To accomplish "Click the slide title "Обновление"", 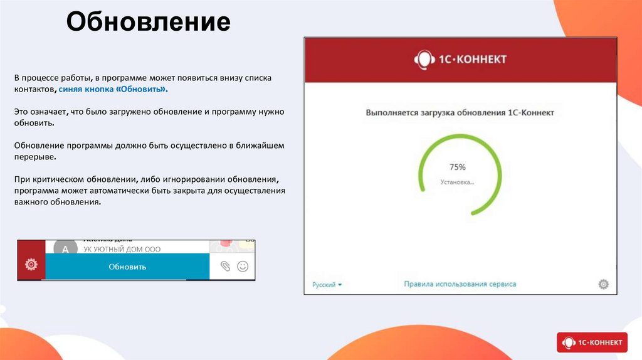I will coord(149,23).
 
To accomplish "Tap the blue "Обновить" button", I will coord(127,267).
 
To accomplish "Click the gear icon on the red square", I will coord(31,265).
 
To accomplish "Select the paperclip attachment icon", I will coord(226,267).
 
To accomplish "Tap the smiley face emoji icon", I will coord(243,267).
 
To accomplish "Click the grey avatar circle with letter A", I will coord(65,249).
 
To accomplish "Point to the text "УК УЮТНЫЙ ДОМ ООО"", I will coord(118,250).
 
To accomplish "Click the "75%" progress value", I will coord(458,167).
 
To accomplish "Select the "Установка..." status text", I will coord(457,183).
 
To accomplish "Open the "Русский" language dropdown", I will coord(327,285).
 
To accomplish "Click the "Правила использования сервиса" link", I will coord(460,284).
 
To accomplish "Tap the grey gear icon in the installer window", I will coord(603,284).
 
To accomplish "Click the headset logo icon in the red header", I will coord(423,60).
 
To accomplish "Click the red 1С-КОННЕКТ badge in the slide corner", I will coord(591,342).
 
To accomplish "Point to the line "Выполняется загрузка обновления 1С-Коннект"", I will coord(460,113).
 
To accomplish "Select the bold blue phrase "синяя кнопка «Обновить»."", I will coord(113,90).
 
